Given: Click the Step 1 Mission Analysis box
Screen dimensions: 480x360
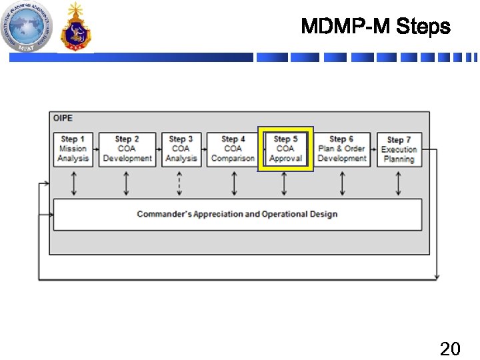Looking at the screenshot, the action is pos(73,149).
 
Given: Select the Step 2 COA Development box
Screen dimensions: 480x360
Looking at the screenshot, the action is pos(127,149).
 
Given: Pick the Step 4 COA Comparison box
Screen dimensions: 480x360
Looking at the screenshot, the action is pos(233,149).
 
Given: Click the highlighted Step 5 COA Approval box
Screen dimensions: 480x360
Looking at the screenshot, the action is pos(285,149).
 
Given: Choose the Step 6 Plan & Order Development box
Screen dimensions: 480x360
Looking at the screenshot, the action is pos(342,149).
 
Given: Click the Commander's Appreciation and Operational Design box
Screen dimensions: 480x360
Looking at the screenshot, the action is pos(237,214).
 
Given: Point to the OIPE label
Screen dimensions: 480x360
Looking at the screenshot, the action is pos(63,118).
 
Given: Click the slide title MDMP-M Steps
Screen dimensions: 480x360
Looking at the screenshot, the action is pos(375,27).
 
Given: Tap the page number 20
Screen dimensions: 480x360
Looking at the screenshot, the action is pos(450,348).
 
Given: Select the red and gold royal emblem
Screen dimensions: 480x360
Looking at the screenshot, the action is pos(75,28).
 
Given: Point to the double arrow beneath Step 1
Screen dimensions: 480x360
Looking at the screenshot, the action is pos(73,183).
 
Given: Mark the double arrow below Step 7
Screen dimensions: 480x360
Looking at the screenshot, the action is pos(399,183).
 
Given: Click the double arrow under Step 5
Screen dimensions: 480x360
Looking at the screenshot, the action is pos(285,183).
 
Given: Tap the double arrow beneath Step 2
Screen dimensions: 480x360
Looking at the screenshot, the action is pos(127,183).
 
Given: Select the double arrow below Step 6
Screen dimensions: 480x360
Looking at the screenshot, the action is pos(342,183).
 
